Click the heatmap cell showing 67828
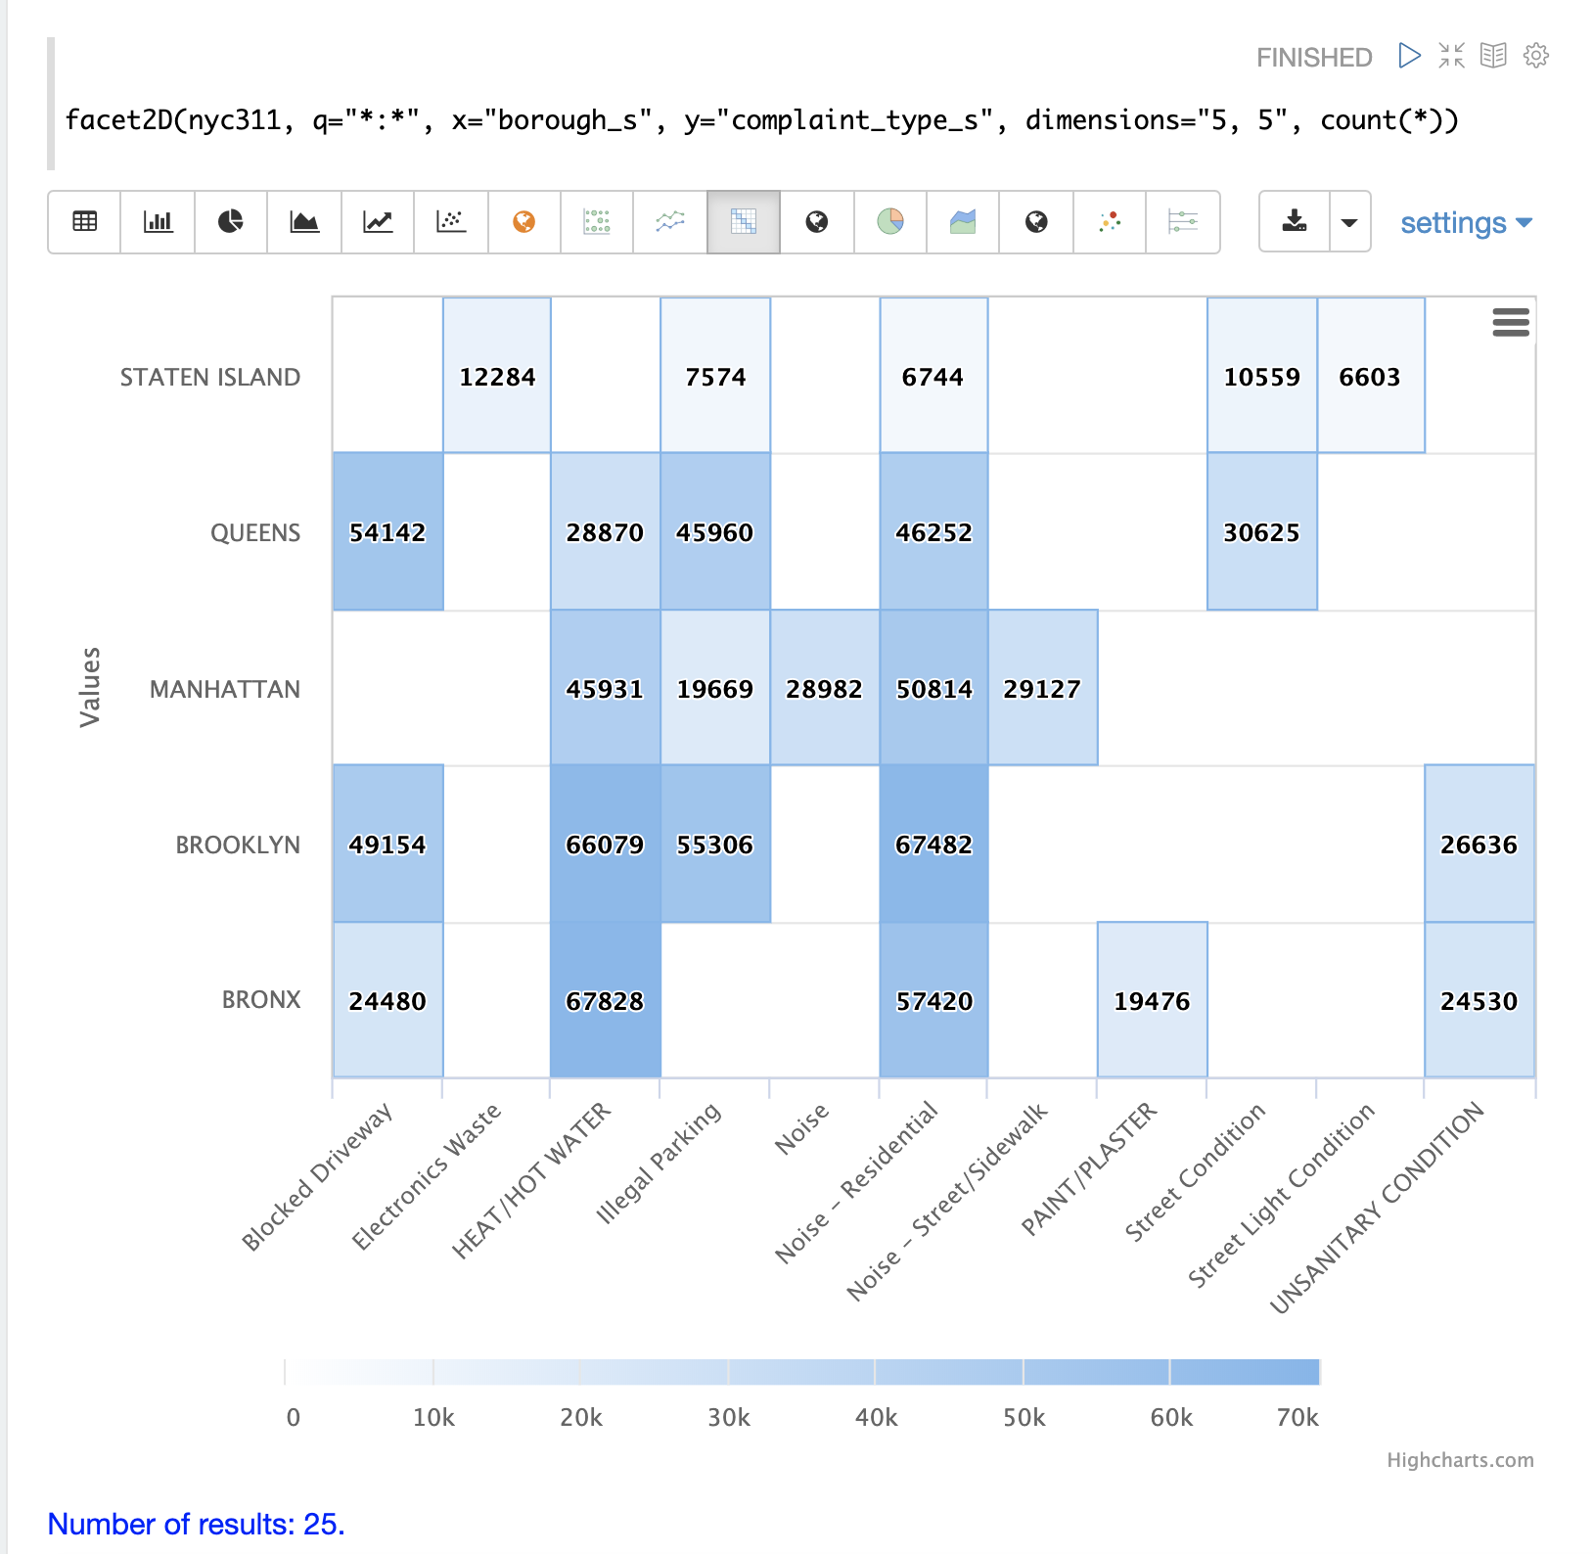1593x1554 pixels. coord(605,1000)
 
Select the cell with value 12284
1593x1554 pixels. coord(497,376)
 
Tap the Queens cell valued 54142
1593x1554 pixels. coord(387,531)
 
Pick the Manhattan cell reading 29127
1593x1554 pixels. coord(1042,688)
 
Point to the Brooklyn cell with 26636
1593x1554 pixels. coord(1479,844)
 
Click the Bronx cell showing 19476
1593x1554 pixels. coord(1152,1000)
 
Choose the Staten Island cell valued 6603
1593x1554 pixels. coord(1370,376)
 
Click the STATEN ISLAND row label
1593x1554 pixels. coord(209,377)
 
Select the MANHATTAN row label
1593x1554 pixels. coord(224,689)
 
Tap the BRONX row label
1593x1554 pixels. coord(260,999)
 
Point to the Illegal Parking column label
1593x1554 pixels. coord(659,1163)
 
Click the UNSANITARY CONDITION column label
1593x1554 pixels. coord(1377,1208)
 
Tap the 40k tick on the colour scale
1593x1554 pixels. coord(876,1417)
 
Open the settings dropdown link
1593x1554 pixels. coord(1465,223)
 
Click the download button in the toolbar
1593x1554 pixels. coord(1294,221)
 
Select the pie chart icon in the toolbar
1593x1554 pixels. coord(230,221)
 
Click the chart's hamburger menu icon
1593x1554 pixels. coord(1510,322)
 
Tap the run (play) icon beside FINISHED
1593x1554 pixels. coord(1409,56)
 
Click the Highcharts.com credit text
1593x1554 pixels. coord(1459,1459)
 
